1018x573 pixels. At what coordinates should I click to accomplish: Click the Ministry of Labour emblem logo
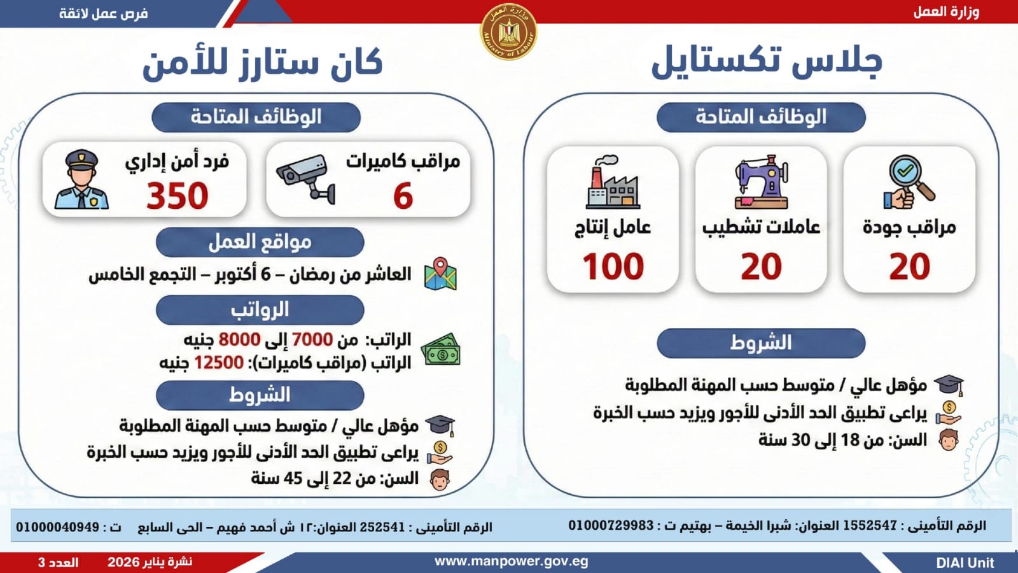508,32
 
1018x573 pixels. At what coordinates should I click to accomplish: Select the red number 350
178,195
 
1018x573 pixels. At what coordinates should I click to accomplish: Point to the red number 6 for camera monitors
403,195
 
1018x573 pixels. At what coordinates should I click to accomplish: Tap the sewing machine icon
762,183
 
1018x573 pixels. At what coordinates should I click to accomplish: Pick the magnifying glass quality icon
909,183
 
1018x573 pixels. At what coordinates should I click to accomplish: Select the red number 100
613,266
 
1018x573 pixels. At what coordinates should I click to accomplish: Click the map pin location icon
440,274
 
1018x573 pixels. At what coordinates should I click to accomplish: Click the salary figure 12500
218,363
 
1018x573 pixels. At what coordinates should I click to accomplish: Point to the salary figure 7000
312,339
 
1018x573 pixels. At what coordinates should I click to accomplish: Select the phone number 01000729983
611,525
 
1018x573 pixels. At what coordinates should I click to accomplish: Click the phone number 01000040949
58,527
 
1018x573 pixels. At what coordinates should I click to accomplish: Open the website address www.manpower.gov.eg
511,562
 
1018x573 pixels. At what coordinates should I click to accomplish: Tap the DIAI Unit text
965,563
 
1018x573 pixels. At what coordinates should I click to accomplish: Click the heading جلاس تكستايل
767,62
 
